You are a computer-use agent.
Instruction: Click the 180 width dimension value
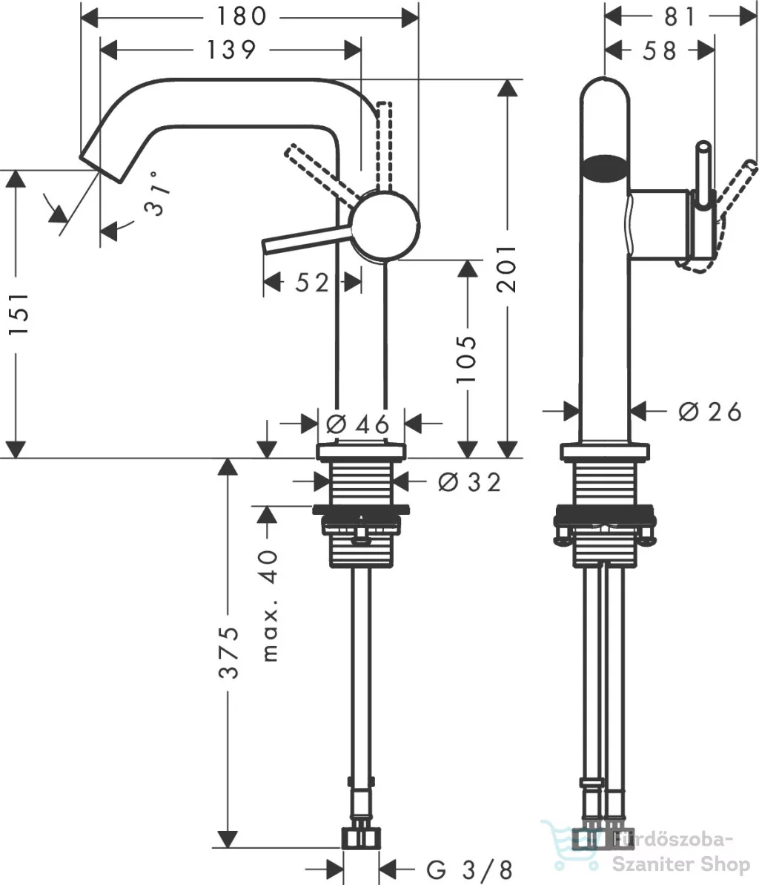coord(242,16)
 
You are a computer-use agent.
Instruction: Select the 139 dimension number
coord(231,50)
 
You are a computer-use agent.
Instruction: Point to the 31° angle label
coord(157,194)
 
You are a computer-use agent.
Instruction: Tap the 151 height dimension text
coord(18,314)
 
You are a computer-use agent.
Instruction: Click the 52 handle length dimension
coord(312,282)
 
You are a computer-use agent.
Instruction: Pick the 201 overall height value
coord(506,268)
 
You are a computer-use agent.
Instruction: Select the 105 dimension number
coord(466,360)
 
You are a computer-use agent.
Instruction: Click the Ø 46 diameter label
coord(358,424)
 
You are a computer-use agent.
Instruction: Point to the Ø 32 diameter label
coord(469,482)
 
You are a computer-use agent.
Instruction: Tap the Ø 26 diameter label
coord(709,412)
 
